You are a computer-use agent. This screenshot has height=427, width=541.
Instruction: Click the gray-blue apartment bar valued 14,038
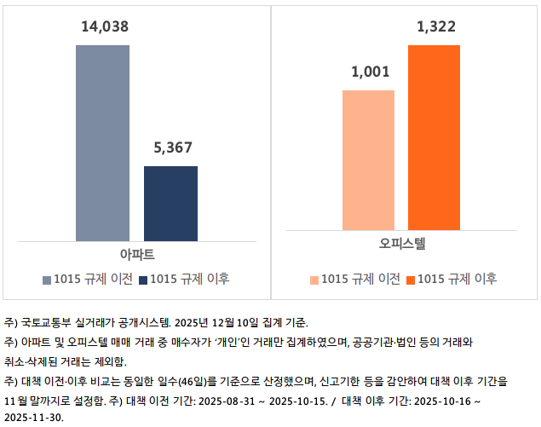coord(102,142)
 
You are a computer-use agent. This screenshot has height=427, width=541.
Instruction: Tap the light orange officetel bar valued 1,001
coord(368,159)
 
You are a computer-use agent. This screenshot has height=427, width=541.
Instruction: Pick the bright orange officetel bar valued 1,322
coord(435,137)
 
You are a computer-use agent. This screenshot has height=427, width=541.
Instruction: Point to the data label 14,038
coord(104,27)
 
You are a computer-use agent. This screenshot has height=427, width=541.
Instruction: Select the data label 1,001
coord(369,72)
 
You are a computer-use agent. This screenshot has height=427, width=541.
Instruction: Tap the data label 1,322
coord(435,27)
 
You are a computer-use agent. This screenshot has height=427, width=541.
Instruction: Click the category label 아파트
coord(136,254)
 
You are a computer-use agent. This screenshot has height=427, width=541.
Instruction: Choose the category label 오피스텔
coord(402,243)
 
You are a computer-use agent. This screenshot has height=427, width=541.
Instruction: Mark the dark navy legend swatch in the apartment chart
coord(143,280)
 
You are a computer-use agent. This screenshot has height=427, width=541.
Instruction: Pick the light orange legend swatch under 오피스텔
coord(314,280)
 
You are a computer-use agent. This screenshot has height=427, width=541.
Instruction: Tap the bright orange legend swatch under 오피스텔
coord(411,280)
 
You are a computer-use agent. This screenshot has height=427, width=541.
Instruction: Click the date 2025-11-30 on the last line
coord(33,418)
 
